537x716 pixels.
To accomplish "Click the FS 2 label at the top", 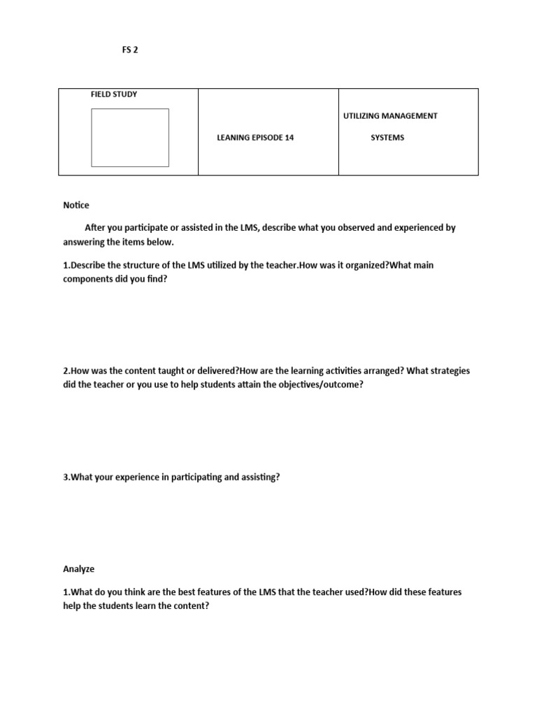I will click(130, 50).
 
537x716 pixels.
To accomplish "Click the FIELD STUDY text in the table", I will click(114, 94).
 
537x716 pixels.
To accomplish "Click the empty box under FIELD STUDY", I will click(130, 137).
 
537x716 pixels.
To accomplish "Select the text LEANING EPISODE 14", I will click(255, 138).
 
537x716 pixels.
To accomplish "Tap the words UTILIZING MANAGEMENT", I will click(390, 115).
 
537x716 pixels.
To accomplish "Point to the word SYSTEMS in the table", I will click(387, 138).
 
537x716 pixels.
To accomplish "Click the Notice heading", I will click(76, 206).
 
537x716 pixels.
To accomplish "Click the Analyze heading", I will click(79, 570).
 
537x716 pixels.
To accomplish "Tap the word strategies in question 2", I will click(450, 371).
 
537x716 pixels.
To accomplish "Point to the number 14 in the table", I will click(289, 138).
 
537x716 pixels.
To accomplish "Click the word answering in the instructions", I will click(85, 242).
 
